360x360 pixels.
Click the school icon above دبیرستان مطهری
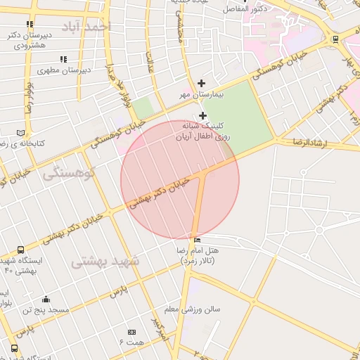tap(63, 60)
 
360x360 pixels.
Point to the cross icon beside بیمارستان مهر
tap(202, 84)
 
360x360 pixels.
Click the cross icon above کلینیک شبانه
tap(203, 115)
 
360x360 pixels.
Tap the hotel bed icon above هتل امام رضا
tap(196, 240)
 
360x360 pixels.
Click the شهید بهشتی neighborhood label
tap(105, 262)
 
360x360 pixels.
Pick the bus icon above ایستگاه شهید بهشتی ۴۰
tap(20, 250)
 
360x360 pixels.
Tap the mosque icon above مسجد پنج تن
tap(46, 299)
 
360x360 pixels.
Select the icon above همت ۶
tap(131, 332)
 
